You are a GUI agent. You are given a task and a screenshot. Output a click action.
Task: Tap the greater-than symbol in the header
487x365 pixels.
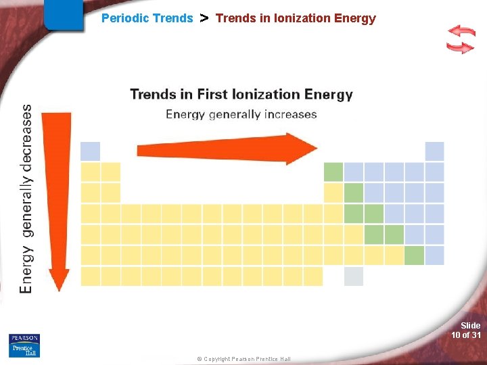[204, 18]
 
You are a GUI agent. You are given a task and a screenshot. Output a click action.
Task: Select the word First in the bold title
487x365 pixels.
[214, 95]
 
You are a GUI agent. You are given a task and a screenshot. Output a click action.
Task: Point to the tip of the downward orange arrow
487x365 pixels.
[60, 289]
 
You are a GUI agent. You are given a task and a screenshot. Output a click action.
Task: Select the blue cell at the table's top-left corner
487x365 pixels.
[90, 151]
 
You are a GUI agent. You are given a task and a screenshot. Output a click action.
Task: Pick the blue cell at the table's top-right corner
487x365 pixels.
[434, 151]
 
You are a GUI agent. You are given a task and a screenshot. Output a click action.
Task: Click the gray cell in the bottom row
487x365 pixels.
[353, 276]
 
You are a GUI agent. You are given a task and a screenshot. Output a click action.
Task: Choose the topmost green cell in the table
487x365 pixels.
[333, 172]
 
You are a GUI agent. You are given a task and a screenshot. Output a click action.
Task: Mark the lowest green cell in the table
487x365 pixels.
[414, 255]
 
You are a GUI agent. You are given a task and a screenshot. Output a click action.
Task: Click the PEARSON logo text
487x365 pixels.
[24, 338]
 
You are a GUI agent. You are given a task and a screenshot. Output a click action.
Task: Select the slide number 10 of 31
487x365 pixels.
[466, 335]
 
